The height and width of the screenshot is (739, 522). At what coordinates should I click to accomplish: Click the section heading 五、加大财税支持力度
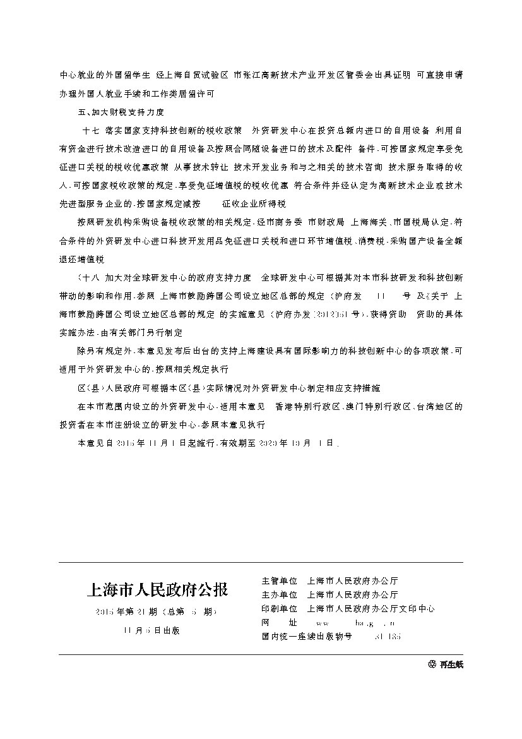[x=120, y=112]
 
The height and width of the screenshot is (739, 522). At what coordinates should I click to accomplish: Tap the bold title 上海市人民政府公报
[x=157, y=589]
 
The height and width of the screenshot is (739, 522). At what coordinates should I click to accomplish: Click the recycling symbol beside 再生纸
[x=432, y=664]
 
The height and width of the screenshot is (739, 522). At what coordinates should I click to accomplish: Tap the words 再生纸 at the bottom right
[x=451, y=664]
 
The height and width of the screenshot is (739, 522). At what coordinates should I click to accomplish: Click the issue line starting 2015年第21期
[x=157, y=612]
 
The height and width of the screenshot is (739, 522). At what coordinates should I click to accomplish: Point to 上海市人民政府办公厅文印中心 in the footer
[x=371, y=609]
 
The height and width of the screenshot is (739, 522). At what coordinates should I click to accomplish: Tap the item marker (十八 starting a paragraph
[x=86, y=277]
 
